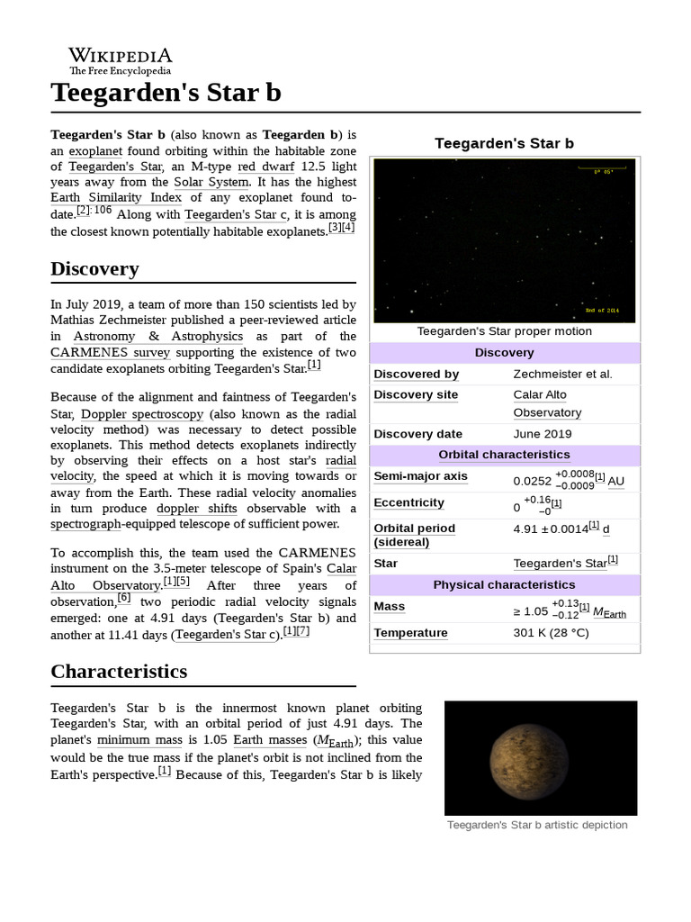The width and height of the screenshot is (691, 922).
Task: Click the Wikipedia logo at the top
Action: point(121,60)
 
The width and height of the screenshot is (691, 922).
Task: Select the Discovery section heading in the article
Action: point(94,268)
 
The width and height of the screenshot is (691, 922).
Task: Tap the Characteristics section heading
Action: point(119,671)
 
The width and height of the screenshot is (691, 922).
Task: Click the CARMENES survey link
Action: point(110,353)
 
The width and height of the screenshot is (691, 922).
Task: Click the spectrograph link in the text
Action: point(86,523)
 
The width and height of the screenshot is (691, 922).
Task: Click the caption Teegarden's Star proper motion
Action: point(504,331)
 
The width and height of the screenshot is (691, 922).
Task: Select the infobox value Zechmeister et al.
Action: point(562,374)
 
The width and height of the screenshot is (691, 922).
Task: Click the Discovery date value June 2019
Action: point(542,433)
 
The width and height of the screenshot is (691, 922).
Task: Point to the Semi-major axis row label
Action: point(420,476)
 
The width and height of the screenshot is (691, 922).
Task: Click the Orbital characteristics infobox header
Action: point(504,454)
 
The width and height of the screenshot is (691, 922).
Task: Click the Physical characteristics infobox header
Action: point(504,584)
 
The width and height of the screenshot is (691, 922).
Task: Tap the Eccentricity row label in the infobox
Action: point(409,502)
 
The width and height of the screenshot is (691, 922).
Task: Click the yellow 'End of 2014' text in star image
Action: point(603,309)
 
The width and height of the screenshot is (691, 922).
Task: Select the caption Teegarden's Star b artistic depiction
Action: point(537,825)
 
